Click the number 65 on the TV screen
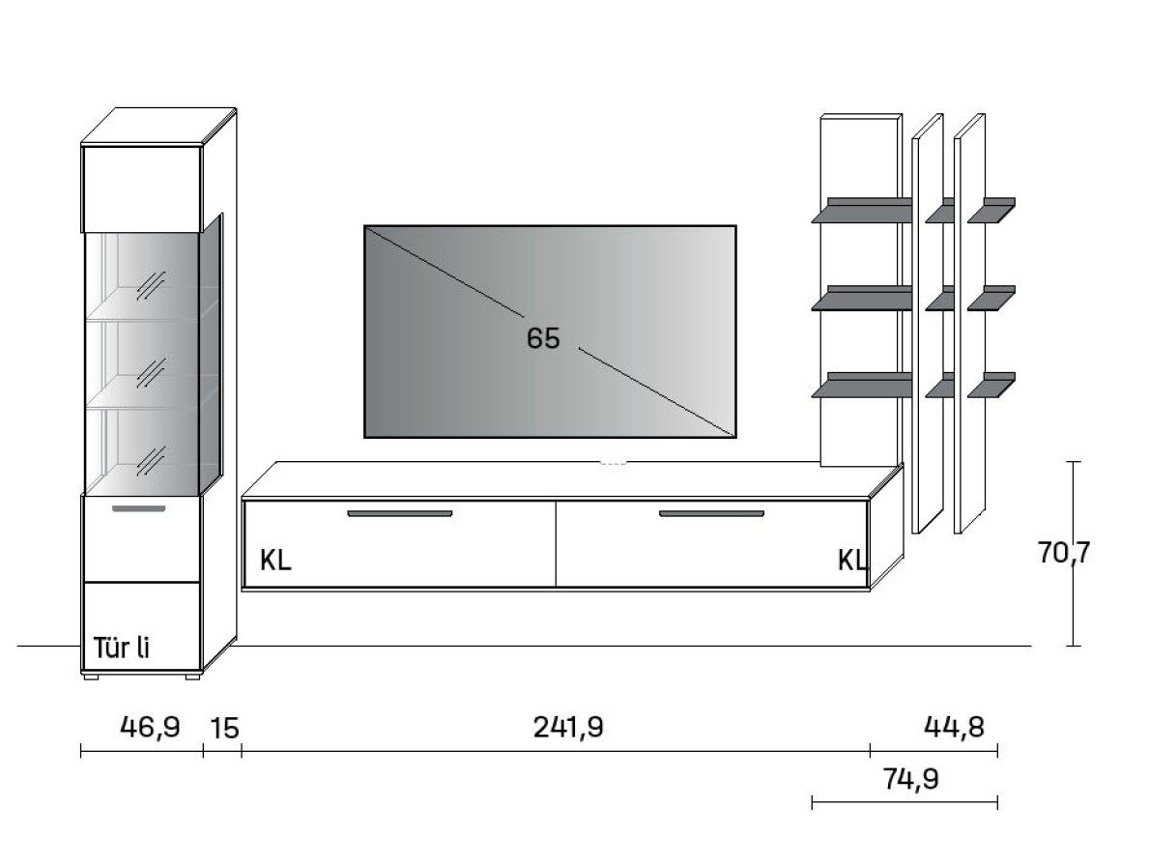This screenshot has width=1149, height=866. coord(543,337)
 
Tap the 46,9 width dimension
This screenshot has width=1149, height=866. coord(150,727)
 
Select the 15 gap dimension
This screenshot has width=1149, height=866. coord(225,728)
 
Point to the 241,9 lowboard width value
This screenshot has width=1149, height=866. coord(568,727)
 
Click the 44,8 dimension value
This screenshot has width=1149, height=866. coord(954,726)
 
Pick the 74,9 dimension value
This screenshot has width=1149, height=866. coord(911,778)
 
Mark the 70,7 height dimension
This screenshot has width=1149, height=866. coord(1064,552)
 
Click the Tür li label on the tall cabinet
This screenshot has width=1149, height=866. coord(122,648)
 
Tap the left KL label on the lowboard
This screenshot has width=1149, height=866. coord(275,561)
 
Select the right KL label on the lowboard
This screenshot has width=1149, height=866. coord(852,561)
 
